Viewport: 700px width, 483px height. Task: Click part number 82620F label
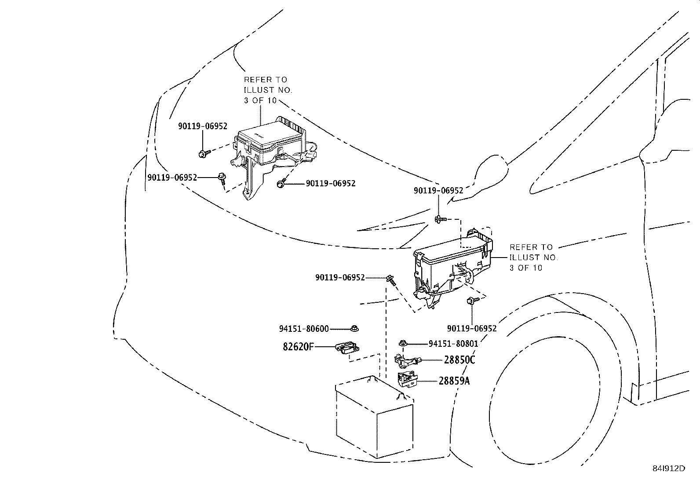(298, 347)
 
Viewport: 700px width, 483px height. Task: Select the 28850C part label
(459, 360)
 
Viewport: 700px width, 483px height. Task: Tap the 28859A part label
(454, 381)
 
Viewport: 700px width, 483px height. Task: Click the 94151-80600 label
(303, 329)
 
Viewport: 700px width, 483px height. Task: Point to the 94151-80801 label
(453, 344)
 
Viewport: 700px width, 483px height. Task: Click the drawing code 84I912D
(668, 468)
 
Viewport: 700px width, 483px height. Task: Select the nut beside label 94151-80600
(354, 328)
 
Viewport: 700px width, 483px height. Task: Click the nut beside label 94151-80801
(402, 343)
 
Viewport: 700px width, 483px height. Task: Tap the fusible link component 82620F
(347, 349)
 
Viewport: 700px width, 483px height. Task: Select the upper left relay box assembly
(270, 149)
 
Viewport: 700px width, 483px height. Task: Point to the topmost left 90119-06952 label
(202, 126)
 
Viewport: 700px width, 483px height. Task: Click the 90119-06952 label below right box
(471, 328)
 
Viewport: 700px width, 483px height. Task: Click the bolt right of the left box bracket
(281, 184)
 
